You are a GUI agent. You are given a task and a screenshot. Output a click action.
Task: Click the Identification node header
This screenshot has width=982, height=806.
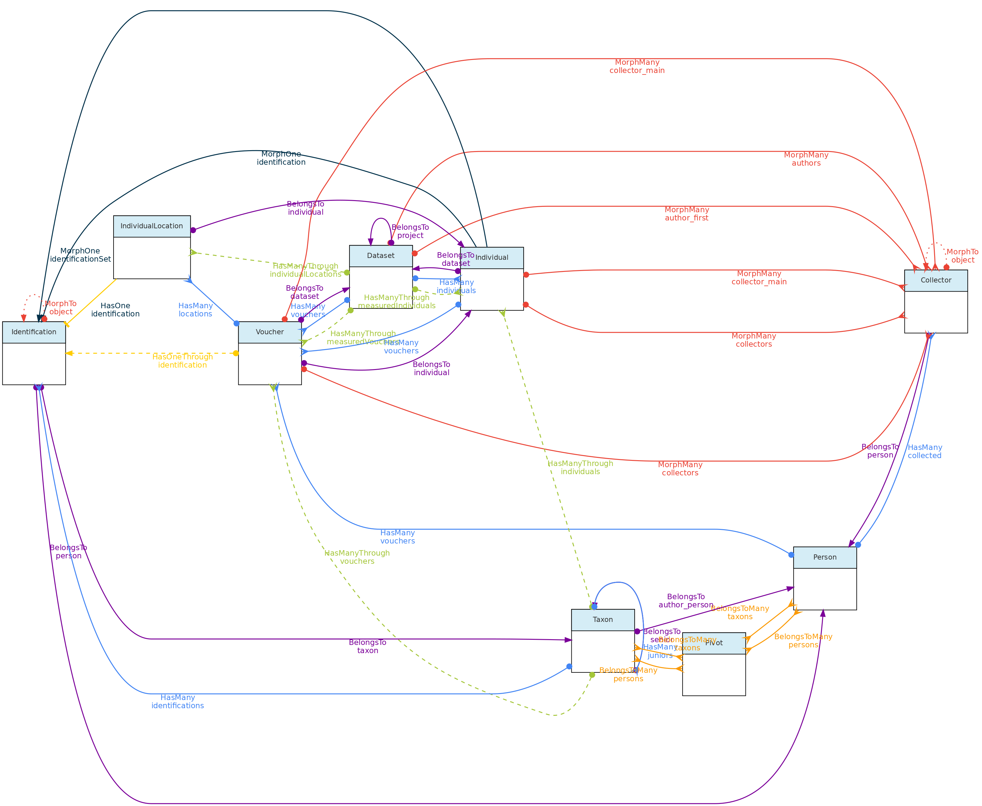point(34,332)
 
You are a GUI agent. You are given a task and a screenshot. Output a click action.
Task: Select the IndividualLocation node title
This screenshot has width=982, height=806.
point(152,226)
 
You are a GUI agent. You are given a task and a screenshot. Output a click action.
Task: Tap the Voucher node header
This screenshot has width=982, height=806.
point(270,332)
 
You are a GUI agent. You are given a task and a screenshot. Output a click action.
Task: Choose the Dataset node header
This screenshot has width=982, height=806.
point(381,256)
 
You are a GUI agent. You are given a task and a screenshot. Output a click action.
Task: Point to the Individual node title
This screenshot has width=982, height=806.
point(492,258)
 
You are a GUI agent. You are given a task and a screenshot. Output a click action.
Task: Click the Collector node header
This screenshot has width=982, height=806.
point(936,280)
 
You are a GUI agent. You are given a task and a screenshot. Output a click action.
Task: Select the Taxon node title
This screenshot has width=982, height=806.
point(603,620)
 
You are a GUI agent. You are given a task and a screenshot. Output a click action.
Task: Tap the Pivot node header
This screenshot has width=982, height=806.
point(714,643)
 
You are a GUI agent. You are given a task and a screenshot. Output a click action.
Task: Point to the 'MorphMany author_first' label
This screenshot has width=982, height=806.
point(687,214)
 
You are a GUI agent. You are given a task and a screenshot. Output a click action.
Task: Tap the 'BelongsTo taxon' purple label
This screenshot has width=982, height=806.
point(367,647)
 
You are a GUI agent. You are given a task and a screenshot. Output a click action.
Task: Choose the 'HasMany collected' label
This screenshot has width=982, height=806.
point(924,452)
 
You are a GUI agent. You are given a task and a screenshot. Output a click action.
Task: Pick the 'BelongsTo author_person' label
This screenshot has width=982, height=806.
point(686,601)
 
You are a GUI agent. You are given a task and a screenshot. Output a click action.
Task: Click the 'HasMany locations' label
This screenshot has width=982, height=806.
point(196,310)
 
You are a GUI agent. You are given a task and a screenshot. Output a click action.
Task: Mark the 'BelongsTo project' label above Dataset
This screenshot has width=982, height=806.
point(410,231)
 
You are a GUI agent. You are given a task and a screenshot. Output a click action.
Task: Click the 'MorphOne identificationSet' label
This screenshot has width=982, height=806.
point(80,255)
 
